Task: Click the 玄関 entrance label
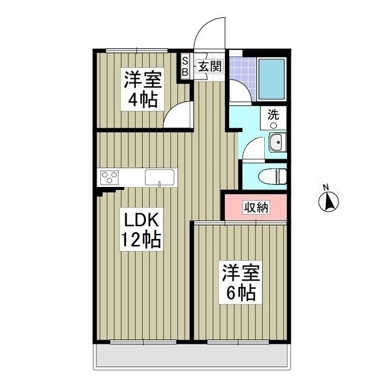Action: click(209, 66)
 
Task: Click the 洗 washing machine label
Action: click(273, 114)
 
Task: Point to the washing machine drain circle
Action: click(273, 125)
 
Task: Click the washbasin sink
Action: click(276, 144)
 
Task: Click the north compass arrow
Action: click(329, 201)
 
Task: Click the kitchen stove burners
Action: click(110, 177)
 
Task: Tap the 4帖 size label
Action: click(142, 99)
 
